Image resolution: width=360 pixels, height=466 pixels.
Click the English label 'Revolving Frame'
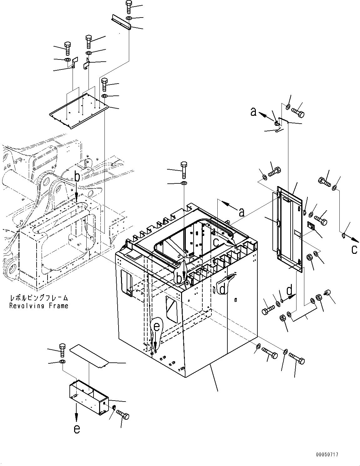38,306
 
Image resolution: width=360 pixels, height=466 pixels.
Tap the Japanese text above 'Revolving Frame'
38,298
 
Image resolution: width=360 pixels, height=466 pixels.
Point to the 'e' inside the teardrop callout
156,327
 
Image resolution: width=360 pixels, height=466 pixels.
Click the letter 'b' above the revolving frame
77,177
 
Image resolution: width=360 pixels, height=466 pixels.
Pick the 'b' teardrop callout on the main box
179,277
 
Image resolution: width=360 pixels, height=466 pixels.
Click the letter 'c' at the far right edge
354,249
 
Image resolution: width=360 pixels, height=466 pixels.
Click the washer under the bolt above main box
184,182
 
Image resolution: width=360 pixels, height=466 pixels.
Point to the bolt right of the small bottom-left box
122,415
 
